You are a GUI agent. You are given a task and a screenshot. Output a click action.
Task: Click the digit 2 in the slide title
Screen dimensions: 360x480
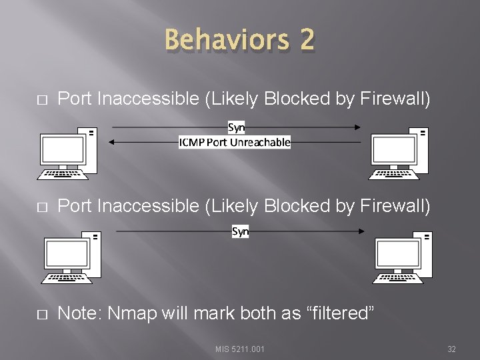(307, 40)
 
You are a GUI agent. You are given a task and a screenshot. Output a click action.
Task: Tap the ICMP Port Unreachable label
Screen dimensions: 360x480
(235, 141)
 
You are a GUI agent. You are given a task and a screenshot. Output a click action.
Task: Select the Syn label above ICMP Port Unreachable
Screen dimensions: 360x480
(236, 127)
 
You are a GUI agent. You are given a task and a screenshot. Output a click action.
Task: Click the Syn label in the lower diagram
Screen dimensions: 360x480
(240, 231)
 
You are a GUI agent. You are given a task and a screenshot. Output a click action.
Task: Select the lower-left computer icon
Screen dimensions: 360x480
(71, 257)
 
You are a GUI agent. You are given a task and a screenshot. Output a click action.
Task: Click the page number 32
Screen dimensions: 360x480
(451, 349)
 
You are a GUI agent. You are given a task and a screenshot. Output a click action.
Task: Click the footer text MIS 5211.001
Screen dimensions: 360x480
(240, 349)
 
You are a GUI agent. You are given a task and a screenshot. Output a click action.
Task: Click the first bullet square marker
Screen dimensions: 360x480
(42, 100)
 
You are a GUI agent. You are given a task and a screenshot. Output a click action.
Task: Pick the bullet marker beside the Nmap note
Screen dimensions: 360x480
(42, 314)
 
